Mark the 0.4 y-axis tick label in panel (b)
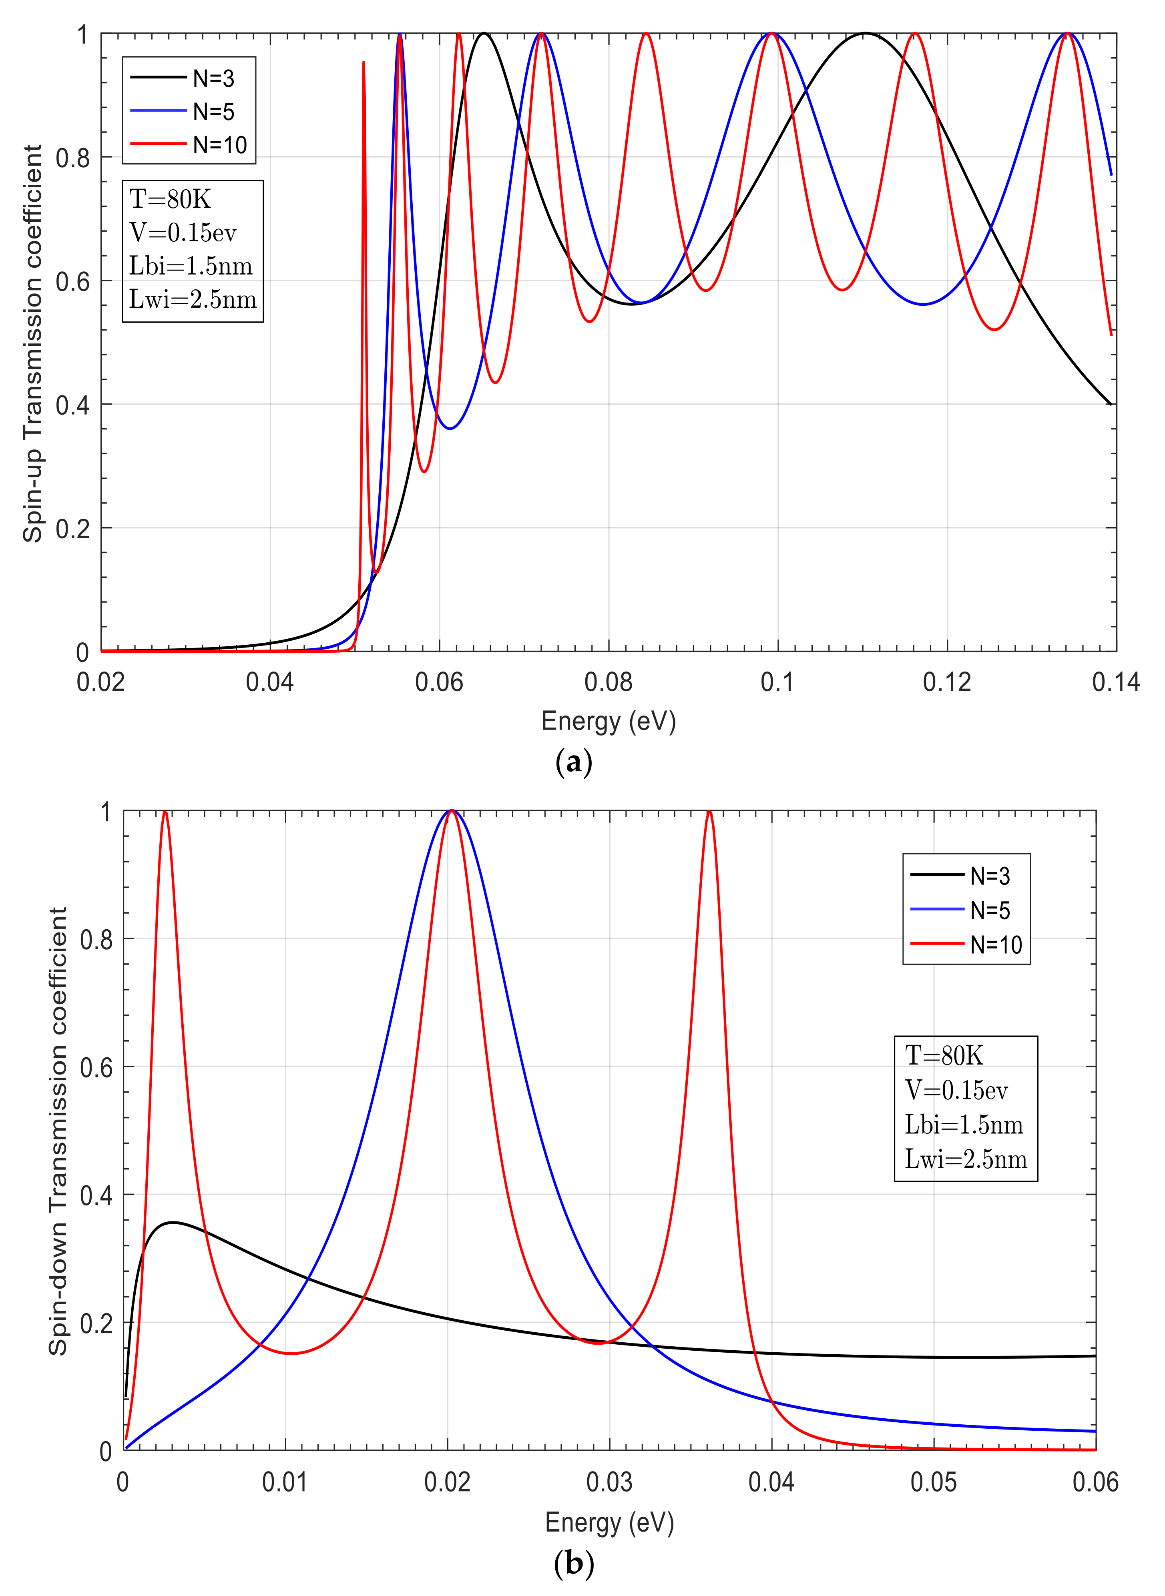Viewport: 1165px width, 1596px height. [x=96, y=1195]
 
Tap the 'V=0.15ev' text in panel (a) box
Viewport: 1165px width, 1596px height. [x=183, y=232]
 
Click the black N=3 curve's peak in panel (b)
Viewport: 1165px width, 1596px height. [x=173, y=1222]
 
